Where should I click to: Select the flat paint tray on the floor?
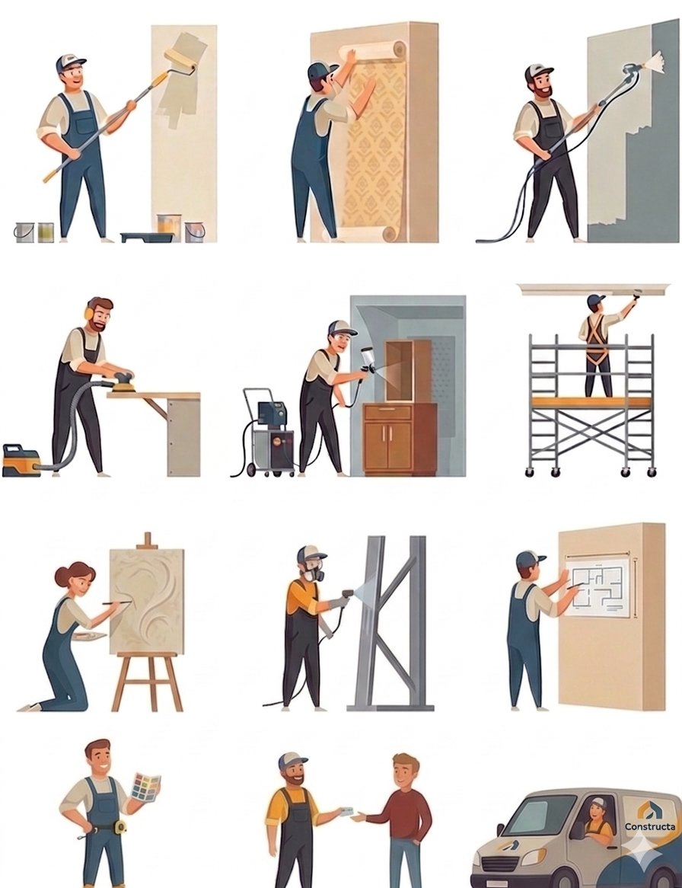click(x=145, y=237)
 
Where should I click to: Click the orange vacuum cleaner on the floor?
click(x=21, y=460)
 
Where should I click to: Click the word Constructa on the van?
click(x=650, y=826)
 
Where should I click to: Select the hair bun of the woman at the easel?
click(x=62, y=577)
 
